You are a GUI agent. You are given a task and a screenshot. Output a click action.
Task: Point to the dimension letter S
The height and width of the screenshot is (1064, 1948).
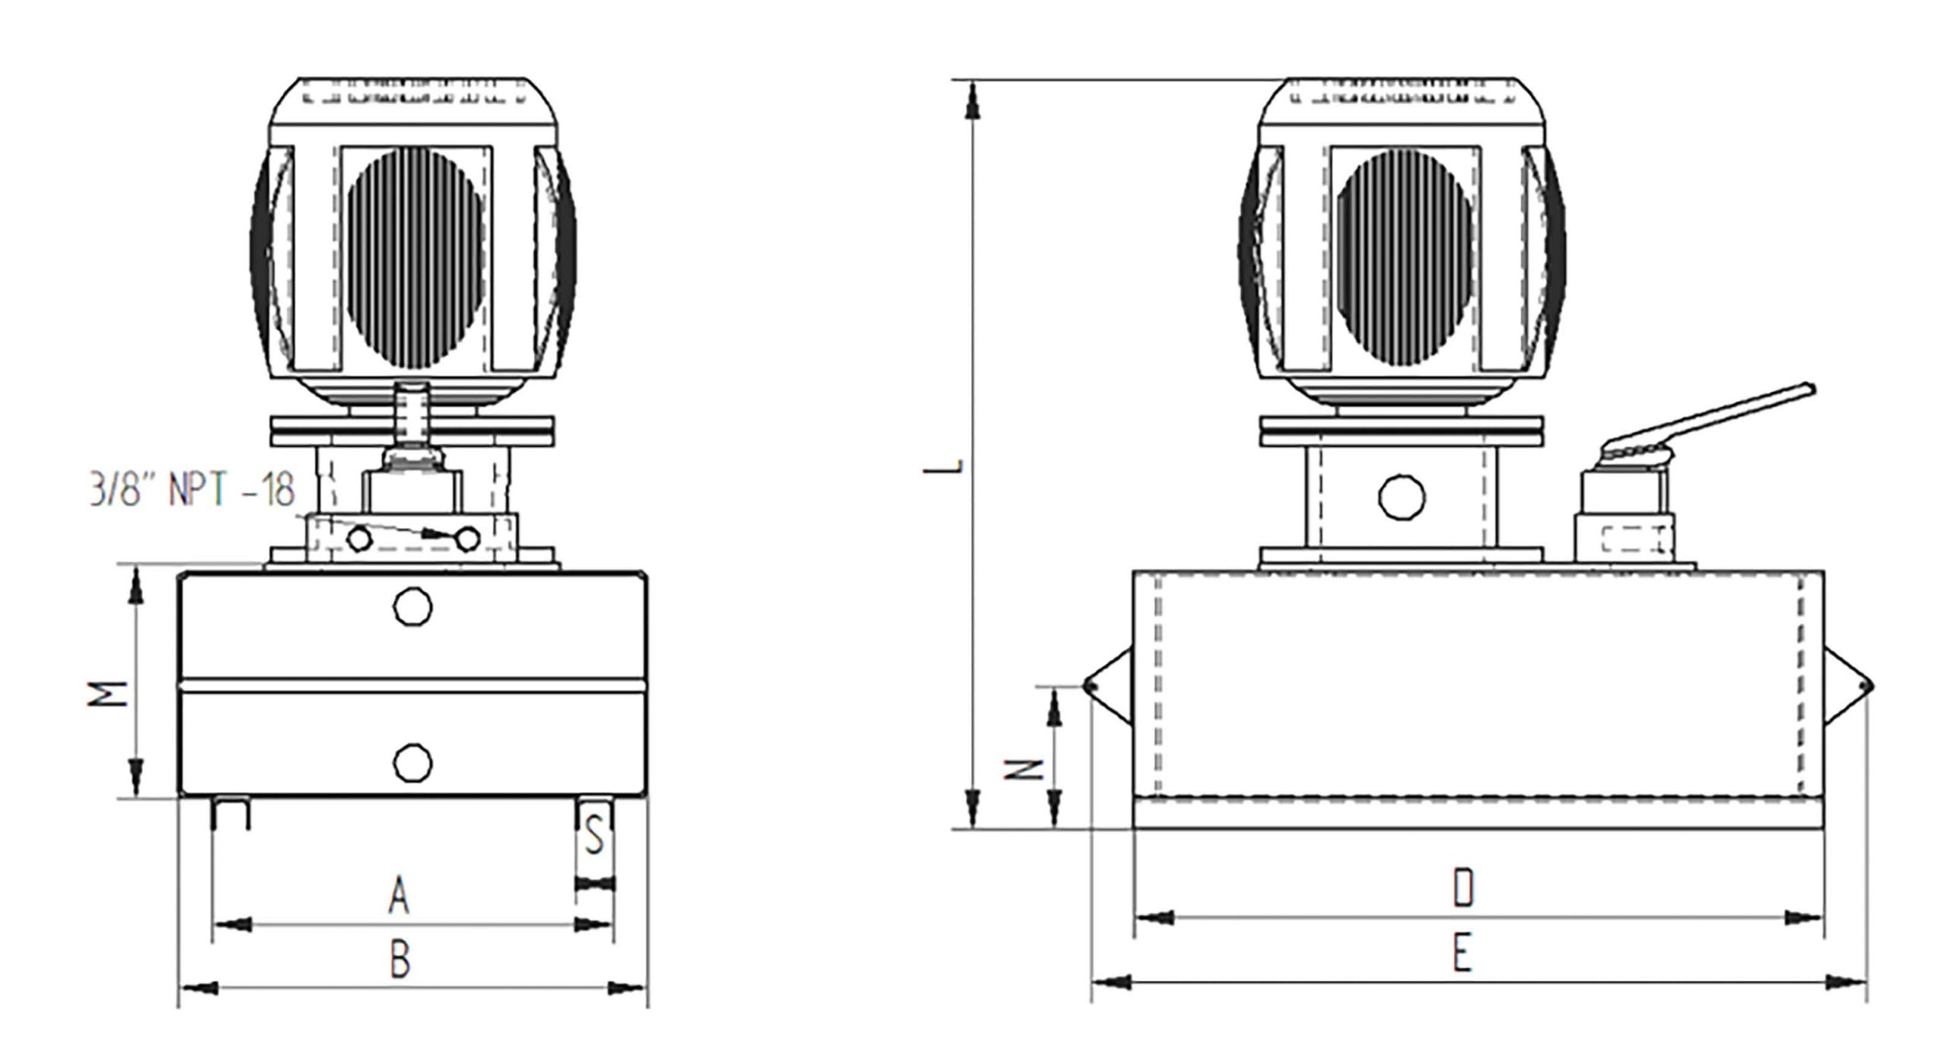click(x=595, y=837)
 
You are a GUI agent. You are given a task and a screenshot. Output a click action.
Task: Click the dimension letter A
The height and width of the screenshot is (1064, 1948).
click(x=399, y=895)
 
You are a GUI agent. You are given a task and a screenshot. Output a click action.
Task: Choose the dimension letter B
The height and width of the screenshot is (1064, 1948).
click(x=400, y=960)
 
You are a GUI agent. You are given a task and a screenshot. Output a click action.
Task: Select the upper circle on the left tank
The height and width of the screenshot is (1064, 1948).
click(x=412, y=606)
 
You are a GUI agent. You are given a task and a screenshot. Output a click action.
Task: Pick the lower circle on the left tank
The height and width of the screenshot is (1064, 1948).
click(x=413, y=761)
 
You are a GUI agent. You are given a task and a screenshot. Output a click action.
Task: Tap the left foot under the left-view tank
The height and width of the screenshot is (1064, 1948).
click(x=231, y=813)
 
